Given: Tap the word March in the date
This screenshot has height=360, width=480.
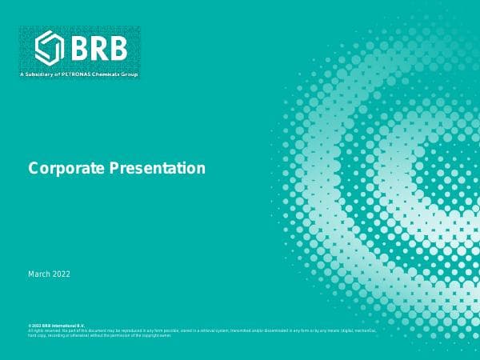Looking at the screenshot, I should tap(39, 274).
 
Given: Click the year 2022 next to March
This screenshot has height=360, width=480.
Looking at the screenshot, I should tap(62, 274).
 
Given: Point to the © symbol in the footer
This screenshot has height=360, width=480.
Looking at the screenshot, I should tap(30, 326).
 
